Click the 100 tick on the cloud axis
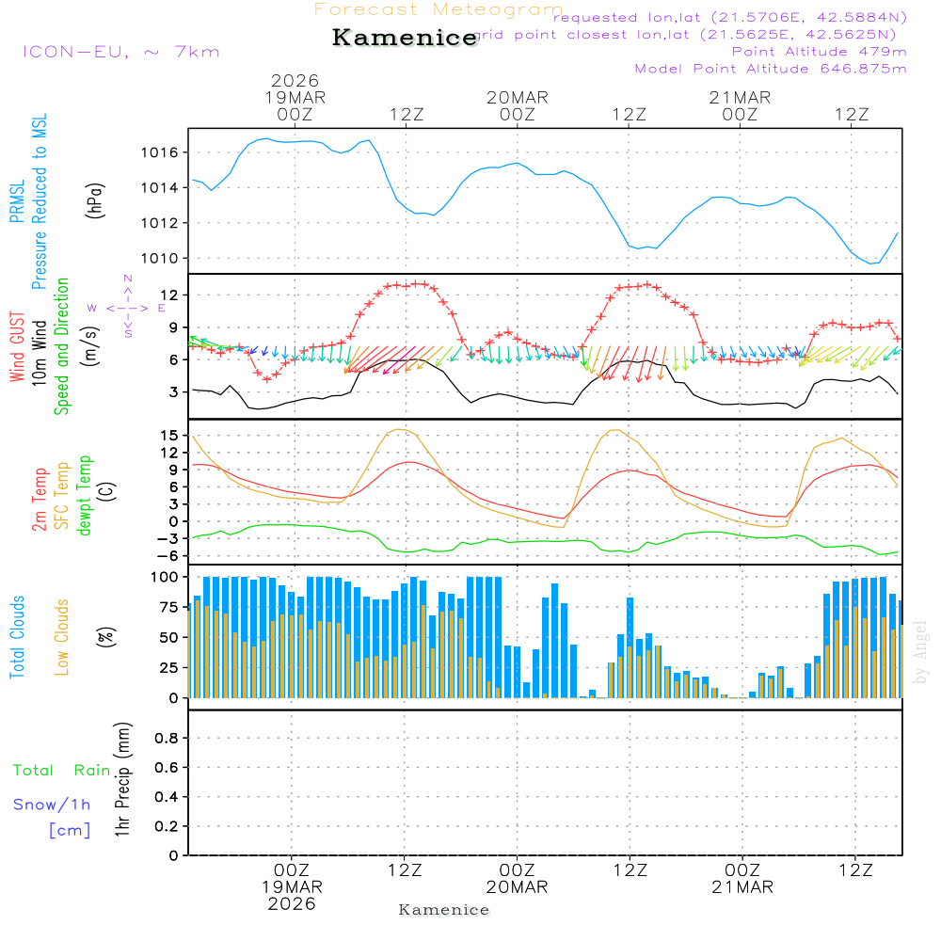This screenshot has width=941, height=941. [166, 577]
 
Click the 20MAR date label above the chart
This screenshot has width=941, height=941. [517, 98]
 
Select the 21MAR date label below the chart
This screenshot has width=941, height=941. [742, 887]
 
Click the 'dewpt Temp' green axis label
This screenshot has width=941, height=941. [84, 496]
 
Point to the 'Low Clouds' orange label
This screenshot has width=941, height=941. [62, 637]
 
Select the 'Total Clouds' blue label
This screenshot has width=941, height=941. [17, 637]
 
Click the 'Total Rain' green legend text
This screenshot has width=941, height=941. [62, 771]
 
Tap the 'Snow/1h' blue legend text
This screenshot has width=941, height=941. [53, 805]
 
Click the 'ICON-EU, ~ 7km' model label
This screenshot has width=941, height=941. [120, 52]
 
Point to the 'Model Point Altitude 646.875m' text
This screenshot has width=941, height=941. [771, 69]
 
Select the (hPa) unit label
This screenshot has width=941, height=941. [94, 199]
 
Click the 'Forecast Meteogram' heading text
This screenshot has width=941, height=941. [439, 9]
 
